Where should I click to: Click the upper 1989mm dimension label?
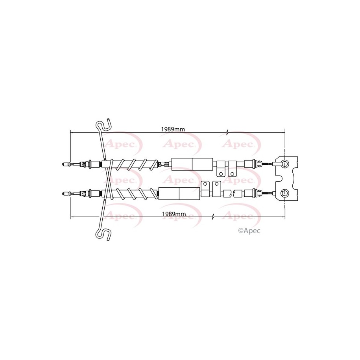(173, 129)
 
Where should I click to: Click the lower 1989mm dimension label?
(174, 214)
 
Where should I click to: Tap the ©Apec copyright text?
(249, 231)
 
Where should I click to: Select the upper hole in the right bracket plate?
(285, 164)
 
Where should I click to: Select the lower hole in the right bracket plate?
(285, 193)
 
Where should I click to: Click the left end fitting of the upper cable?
(66, 164)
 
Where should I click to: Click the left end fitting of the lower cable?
(66, 194)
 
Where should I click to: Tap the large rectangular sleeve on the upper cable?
(192, 164)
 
